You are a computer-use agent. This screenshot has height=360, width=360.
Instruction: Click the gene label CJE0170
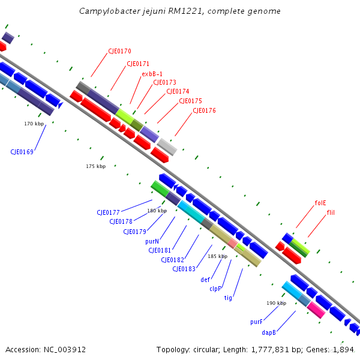[x=119, y=52]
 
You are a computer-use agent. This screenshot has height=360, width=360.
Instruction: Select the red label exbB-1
[x=152, y=74]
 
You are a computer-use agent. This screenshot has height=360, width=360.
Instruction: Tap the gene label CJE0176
[x=204, y=110]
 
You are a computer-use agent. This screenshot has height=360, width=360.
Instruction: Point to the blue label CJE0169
[x=22, y=152]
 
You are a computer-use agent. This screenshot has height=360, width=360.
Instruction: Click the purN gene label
[x=152, y=241]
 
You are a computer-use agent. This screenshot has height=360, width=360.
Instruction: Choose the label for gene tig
[x=228, y=298]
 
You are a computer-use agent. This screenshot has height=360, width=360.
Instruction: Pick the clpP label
[x=215, y=289]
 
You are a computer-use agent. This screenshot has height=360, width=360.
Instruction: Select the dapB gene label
[x=269, y=332]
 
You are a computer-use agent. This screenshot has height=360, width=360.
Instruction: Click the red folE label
[x=320, y=203]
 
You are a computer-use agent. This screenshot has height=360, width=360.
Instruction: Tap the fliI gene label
[x=331, y=213]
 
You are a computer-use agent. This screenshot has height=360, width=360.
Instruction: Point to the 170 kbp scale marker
[x=34, y=124]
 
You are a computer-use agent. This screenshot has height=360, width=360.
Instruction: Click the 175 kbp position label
[x=95, y=166]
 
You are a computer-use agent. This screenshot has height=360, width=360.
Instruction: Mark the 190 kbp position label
[x=276, y=303]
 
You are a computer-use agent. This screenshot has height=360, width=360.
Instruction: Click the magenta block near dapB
[x=316, y=310]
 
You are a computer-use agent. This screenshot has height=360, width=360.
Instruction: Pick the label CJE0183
[x=184, y=269]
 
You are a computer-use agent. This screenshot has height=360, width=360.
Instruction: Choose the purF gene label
[x=257, y=322]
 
